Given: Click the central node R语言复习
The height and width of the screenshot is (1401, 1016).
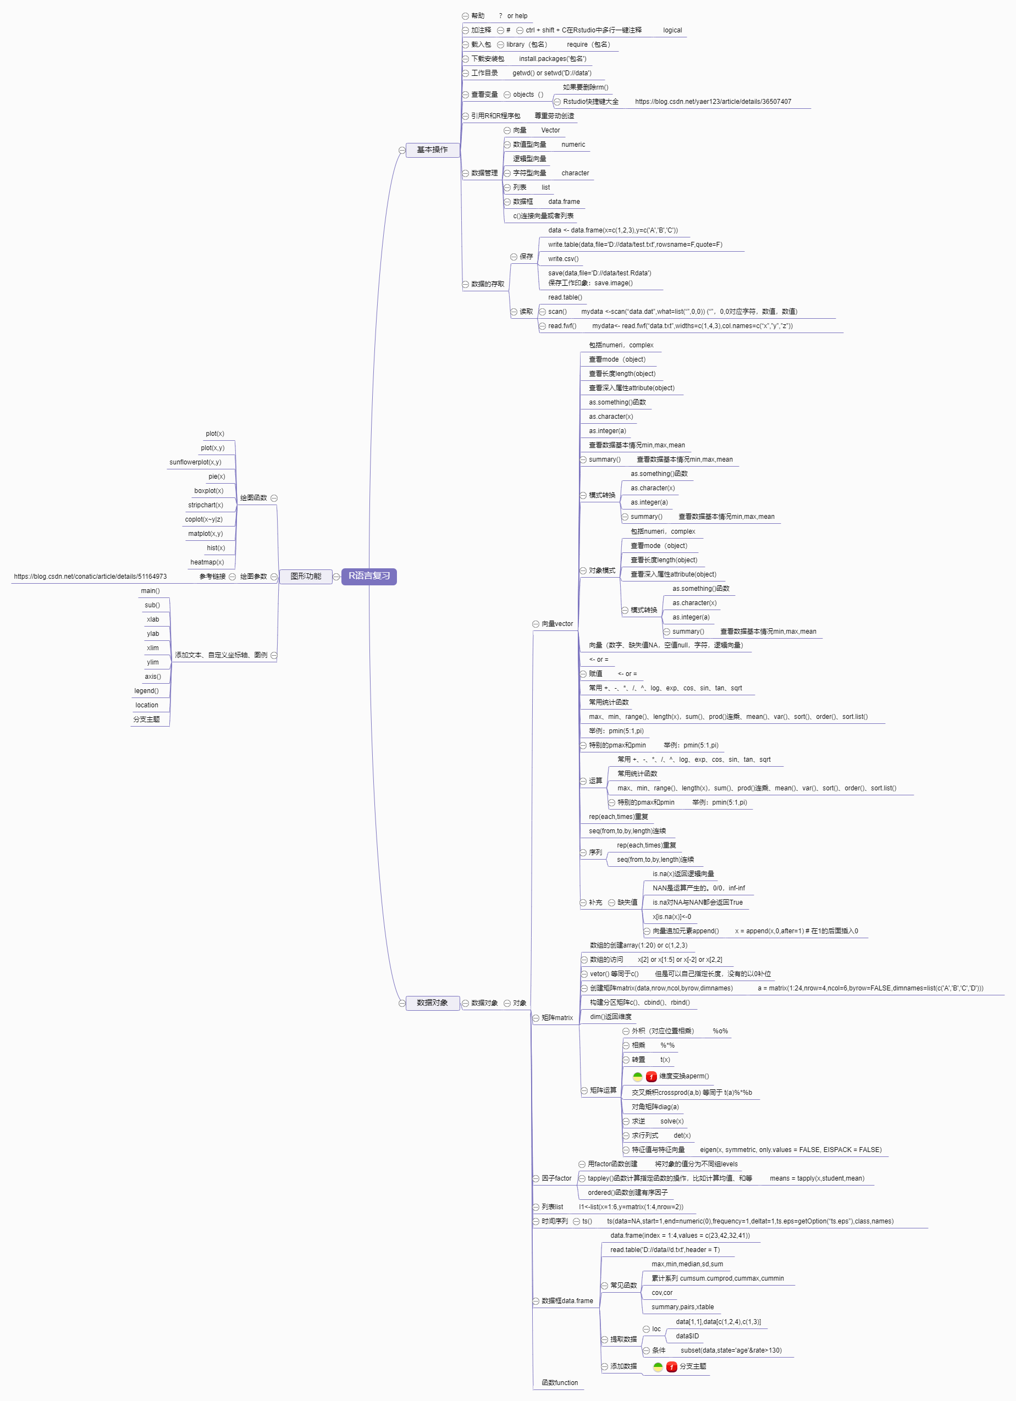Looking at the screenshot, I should (x=369, y=575).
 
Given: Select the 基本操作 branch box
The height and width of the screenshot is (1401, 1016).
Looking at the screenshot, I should (x=432, y=149).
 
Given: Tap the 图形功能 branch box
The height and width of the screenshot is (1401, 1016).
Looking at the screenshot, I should (x=306, y=575).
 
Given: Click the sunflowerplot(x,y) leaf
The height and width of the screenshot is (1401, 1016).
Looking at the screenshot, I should (x=195, y=462).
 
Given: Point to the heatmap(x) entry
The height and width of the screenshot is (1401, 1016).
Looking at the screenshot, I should (x=207, y=562).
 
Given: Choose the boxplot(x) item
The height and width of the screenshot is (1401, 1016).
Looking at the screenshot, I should (x=209, y=490).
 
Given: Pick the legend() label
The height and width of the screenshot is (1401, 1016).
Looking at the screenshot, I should (x=146, y=691).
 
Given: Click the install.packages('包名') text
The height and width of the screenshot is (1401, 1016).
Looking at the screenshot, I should (x=553, y=59).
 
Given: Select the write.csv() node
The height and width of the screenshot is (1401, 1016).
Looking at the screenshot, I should (x=563, y=259).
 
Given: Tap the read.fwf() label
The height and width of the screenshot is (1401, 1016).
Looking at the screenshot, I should (x=562, y=325).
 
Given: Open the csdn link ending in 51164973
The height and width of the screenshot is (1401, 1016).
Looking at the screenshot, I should (x=90, y=577).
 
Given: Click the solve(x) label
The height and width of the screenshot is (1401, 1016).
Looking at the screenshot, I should (x=672, y=1121).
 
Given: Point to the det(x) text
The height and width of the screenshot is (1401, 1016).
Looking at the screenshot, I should (x=682, y=1136).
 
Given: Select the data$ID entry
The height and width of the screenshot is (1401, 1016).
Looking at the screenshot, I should (x=687, y=1336).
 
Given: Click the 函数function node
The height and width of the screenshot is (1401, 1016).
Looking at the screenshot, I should (x=560, y=1383).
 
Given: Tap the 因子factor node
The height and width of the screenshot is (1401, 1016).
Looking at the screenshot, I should (x=556, y=1178).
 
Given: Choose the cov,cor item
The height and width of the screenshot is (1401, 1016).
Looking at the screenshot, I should (x=662, y=1293).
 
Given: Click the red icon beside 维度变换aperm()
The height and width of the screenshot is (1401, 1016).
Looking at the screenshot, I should (x=651, y=1077).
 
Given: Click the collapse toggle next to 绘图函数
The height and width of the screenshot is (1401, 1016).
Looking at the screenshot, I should (x=274, y=498).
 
